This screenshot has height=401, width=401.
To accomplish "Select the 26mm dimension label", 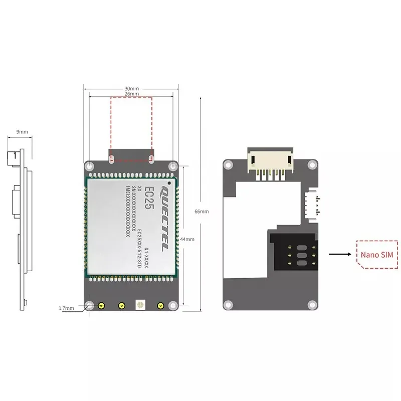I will click(131, 94).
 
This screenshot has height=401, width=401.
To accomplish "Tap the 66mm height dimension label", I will click(202, 211).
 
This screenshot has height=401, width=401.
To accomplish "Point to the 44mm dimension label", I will click(187, 239).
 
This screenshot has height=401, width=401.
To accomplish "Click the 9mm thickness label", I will click(22, 132).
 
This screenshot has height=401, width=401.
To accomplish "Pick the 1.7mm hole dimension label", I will click(66, 308).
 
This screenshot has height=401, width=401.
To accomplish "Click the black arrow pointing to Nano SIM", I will click(339, 255).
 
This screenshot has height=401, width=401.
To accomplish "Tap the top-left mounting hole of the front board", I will click(89, 165).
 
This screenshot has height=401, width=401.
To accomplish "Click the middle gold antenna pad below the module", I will click(121, 306).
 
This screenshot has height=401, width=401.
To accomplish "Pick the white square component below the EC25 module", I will click(140, 304).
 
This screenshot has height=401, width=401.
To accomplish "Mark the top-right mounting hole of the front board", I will click(173, 165).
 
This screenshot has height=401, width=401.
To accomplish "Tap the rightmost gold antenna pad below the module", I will click(160, 306).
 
